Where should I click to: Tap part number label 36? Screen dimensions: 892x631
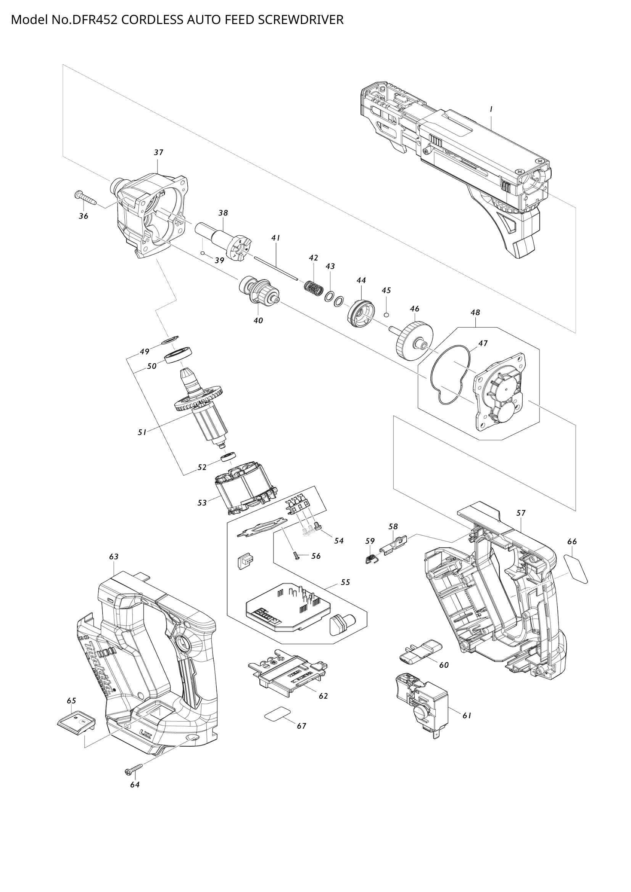(x=84, y=216)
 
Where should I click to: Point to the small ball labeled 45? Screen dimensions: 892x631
(x=386, y=314)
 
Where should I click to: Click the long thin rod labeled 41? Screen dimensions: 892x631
(x=275, y=268)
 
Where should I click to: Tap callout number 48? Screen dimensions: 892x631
(x=475, y=312)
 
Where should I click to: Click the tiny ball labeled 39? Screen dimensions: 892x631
(x=203, y=253)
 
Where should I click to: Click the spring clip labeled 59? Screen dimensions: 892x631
(x=371, y=559)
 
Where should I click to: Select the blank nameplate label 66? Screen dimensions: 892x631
(x=576, y=568)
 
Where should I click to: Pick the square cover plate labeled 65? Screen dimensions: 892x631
(x=77, y=723)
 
